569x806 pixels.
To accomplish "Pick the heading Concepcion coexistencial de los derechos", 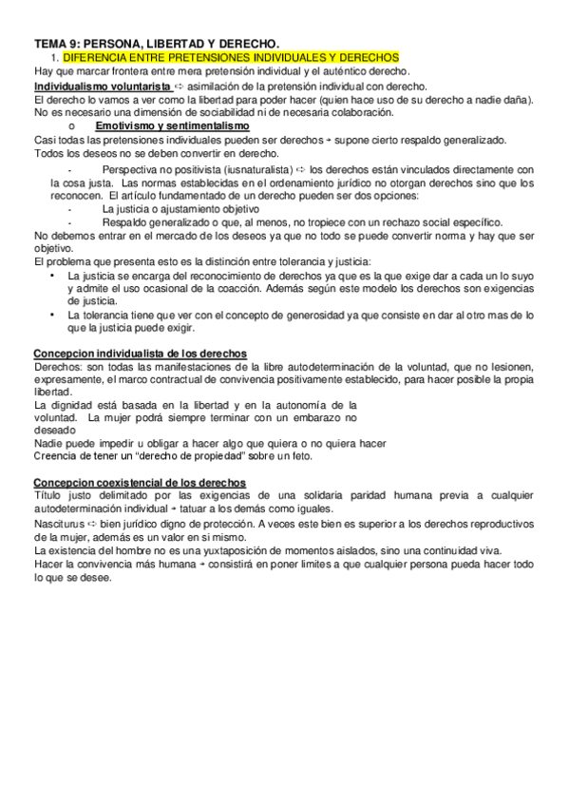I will coord(140,483).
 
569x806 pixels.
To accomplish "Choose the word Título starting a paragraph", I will coord(49,496).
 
